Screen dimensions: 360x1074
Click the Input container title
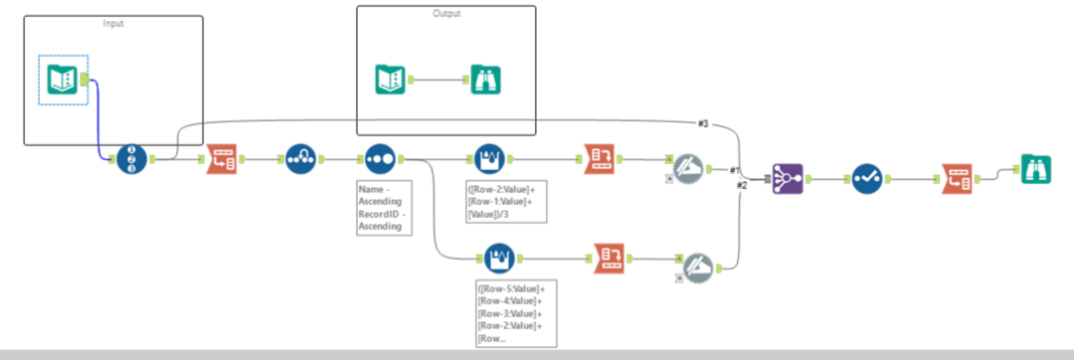click(113, 23)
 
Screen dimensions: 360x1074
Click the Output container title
click(447, 13)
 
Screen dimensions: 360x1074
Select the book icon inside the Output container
click(390, 80)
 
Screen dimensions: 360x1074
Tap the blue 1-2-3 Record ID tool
click(131, 159)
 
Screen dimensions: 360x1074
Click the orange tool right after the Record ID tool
click(221, 159)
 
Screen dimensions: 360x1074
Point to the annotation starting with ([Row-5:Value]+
click(514, 312)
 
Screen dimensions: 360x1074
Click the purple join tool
click(788, 180)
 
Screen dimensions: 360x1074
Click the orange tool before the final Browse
click(956, 180)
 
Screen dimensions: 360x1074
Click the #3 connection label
click(702, 123)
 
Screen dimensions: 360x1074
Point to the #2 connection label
click(741, 186)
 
